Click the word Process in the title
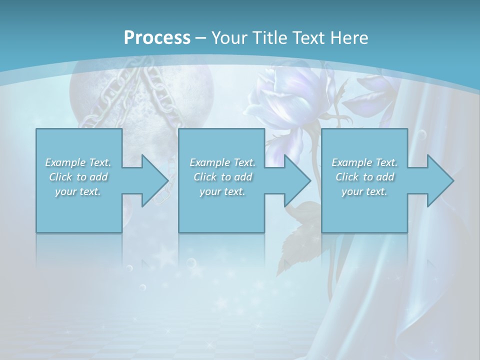[157, 38]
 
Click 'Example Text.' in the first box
[78, 162]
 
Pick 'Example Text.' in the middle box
[222, 162]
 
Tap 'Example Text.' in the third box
[364, 162]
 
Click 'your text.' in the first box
[78, 191]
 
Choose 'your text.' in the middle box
[222, 191]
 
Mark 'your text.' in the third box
[364, 191]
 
